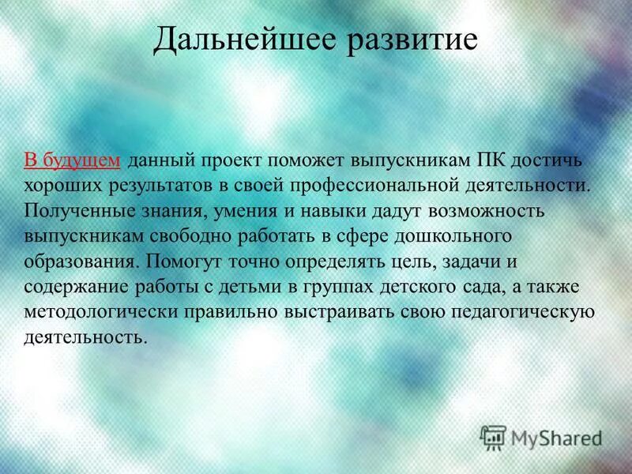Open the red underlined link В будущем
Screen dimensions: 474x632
[x=72, y=160]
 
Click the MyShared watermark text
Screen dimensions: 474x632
[x=557, y=437]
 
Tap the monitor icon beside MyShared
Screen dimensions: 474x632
[x=493, y=437]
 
